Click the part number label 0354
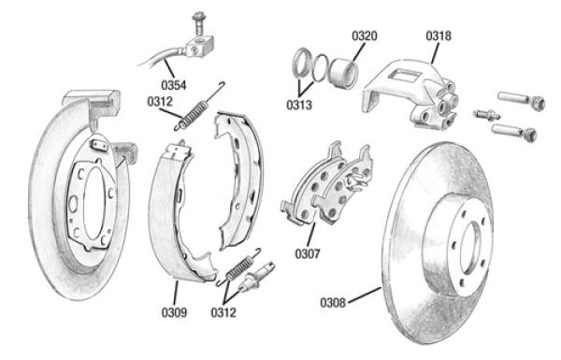174,85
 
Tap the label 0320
365,36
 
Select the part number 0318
439,36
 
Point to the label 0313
299,105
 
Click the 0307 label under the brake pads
308,253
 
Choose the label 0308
333,303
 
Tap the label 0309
174,312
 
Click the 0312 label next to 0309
223,312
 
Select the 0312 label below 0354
160,102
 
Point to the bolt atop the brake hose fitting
197,22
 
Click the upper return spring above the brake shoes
199,107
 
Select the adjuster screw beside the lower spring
256,276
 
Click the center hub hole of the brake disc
471,248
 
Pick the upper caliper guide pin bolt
522,101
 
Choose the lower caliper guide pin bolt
514,131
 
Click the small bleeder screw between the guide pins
486,115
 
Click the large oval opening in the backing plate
94,203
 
